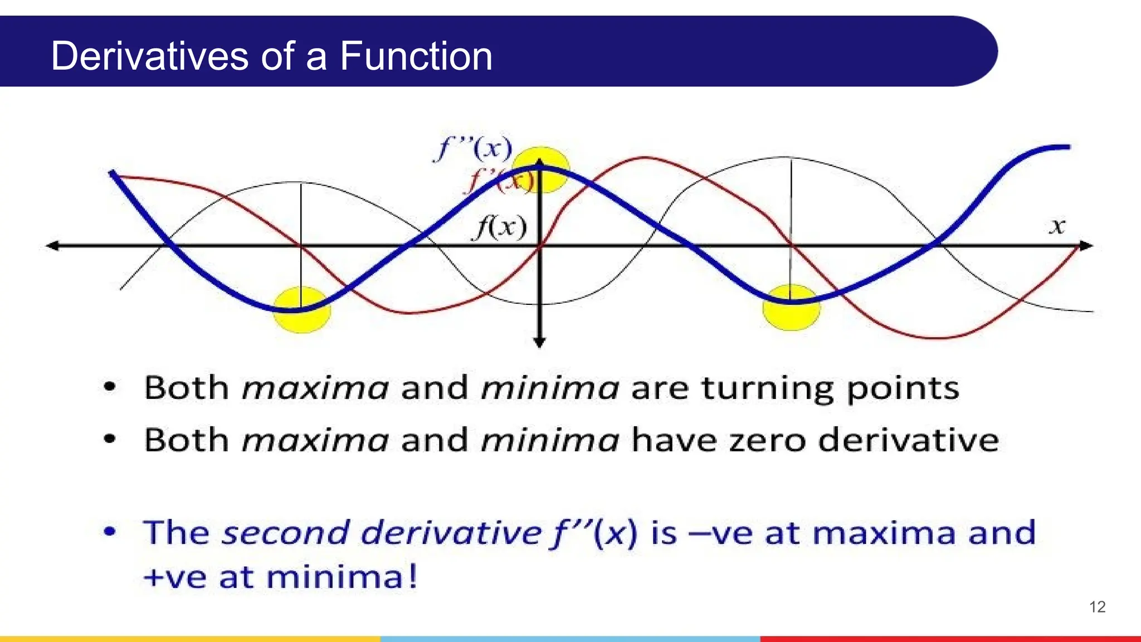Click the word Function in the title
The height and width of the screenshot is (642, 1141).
coord(416,56)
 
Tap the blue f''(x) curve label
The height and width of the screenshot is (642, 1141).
coord(473,149)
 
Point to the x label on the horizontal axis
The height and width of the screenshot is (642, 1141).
coord(1057,226)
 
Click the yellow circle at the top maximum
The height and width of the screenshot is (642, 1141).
coord(540,170)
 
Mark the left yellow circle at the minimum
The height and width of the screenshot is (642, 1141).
coord(301,310)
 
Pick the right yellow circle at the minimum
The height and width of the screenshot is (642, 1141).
coord(791,308)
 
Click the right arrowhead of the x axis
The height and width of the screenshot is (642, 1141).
coord(1086,245)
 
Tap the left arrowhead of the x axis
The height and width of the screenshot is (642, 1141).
coord(52,245)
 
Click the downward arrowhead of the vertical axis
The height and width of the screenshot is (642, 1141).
coord(539,342)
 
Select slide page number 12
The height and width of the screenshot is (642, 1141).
coord(1097,607)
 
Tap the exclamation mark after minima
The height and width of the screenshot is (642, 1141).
coord(412,576)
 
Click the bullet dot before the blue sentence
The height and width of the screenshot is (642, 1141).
coord(110,532)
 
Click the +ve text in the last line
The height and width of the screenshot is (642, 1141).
coord(175,577)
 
